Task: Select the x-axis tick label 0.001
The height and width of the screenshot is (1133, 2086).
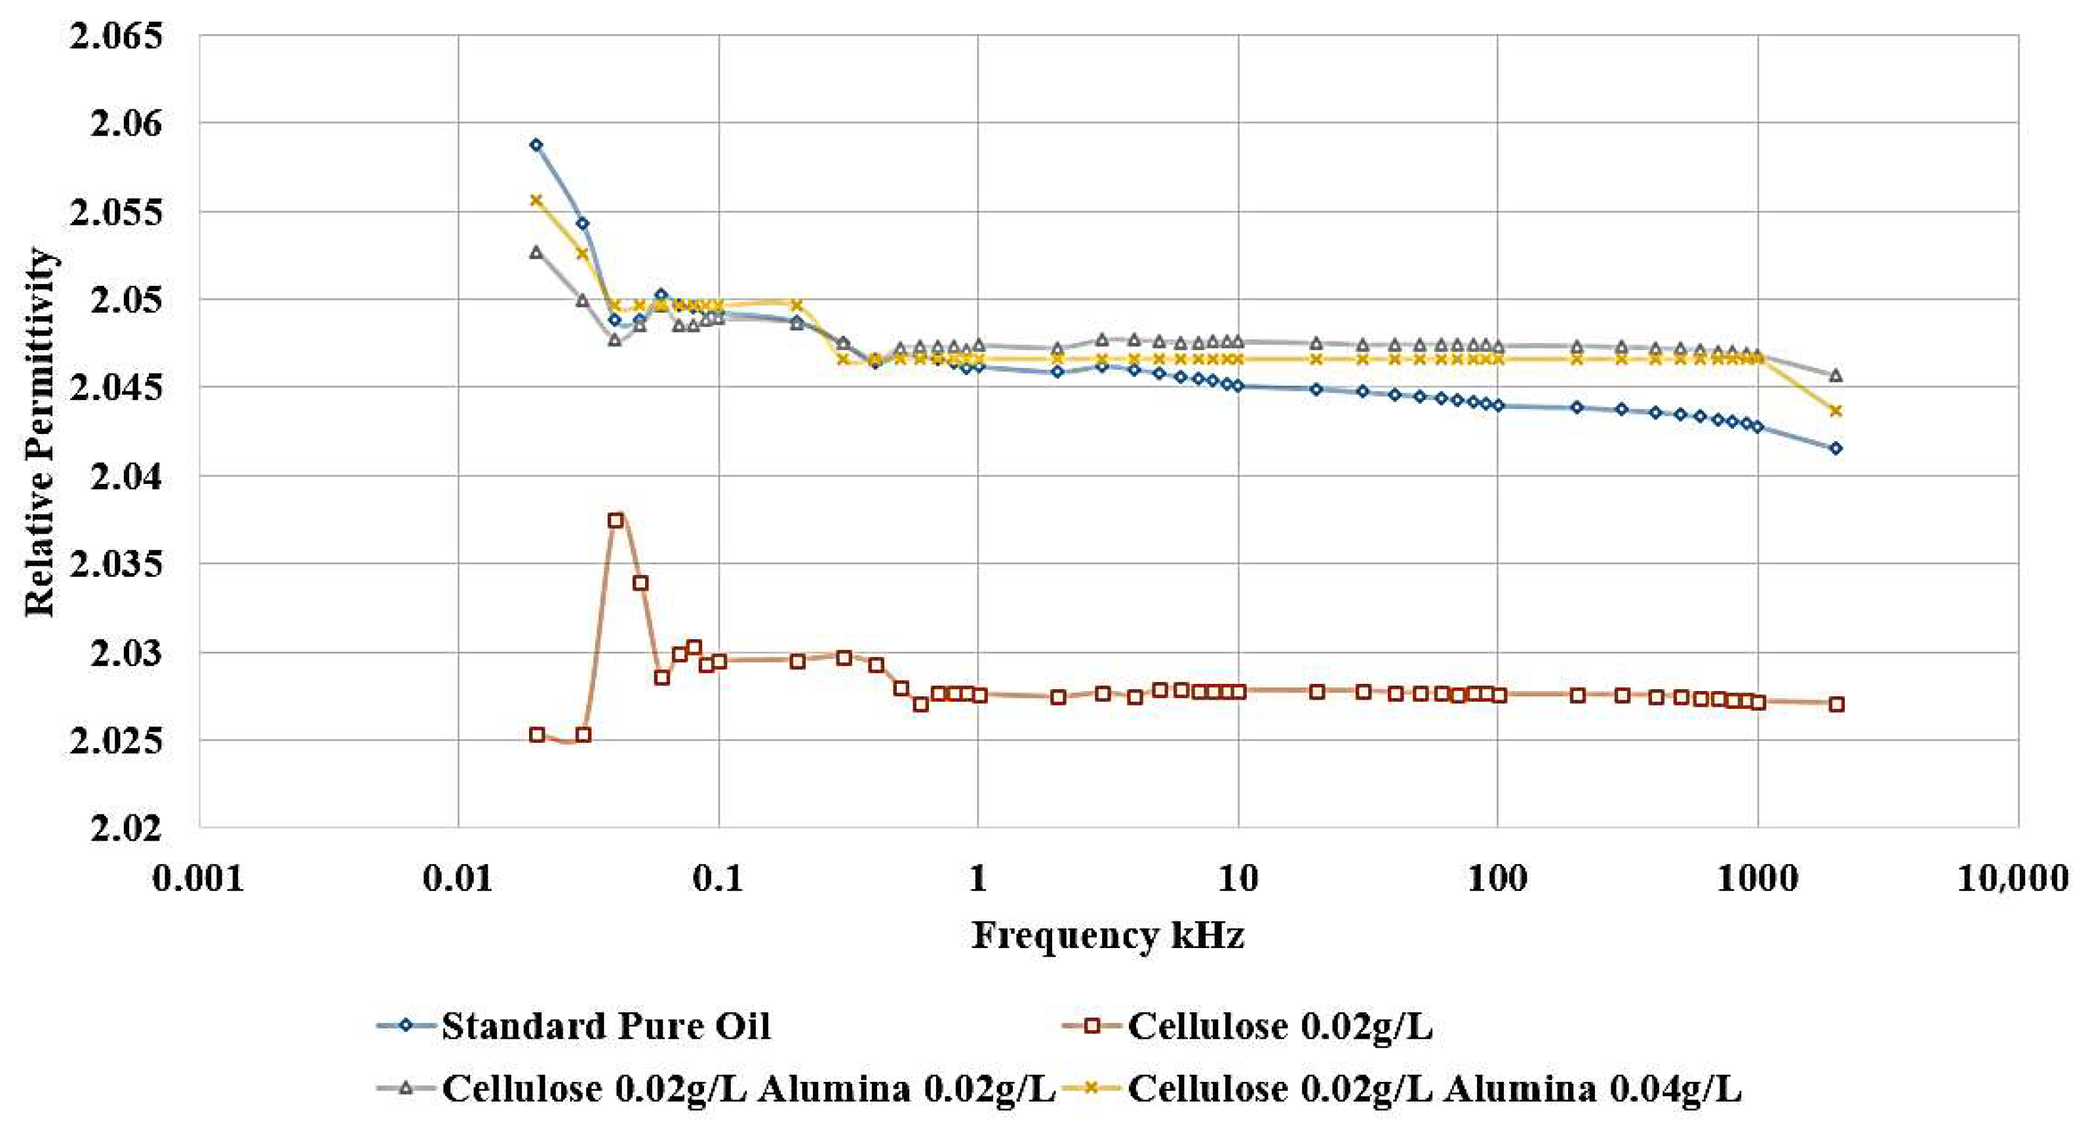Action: (x=199, y=878)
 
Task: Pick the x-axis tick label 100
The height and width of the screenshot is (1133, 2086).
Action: (x=1497, y=878)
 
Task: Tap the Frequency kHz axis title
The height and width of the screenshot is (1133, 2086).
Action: (x=1107, y=936)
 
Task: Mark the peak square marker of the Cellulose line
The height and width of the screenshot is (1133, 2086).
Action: (x=616, y=520)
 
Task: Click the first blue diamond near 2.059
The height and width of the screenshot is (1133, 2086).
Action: (x=536, y=145)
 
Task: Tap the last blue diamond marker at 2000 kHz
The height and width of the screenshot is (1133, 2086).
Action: (x=1836, y=448)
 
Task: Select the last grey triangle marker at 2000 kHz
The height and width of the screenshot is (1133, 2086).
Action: (x=1836, y=375)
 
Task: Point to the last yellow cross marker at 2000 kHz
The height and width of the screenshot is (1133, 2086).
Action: (x=1836, y=410)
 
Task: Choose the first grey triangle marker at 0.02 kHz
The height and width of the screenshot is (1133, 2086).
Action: (x=536, y=252)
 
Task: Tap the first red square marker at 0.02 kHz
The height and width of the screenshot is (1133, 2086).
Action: (x=537, y=734)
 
